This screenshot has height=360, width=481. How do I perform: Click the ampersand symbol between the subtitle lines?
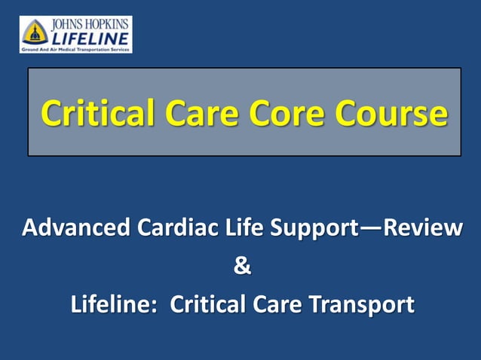tap(241, 266)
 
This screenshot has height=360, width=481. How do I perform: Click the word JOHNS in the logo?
tap(67, 24)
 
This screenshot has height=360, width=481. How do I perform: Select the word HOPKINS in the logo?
tap(106, 24)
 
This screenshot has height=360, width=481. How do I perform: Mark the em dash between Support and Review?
tap(366, 227)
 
